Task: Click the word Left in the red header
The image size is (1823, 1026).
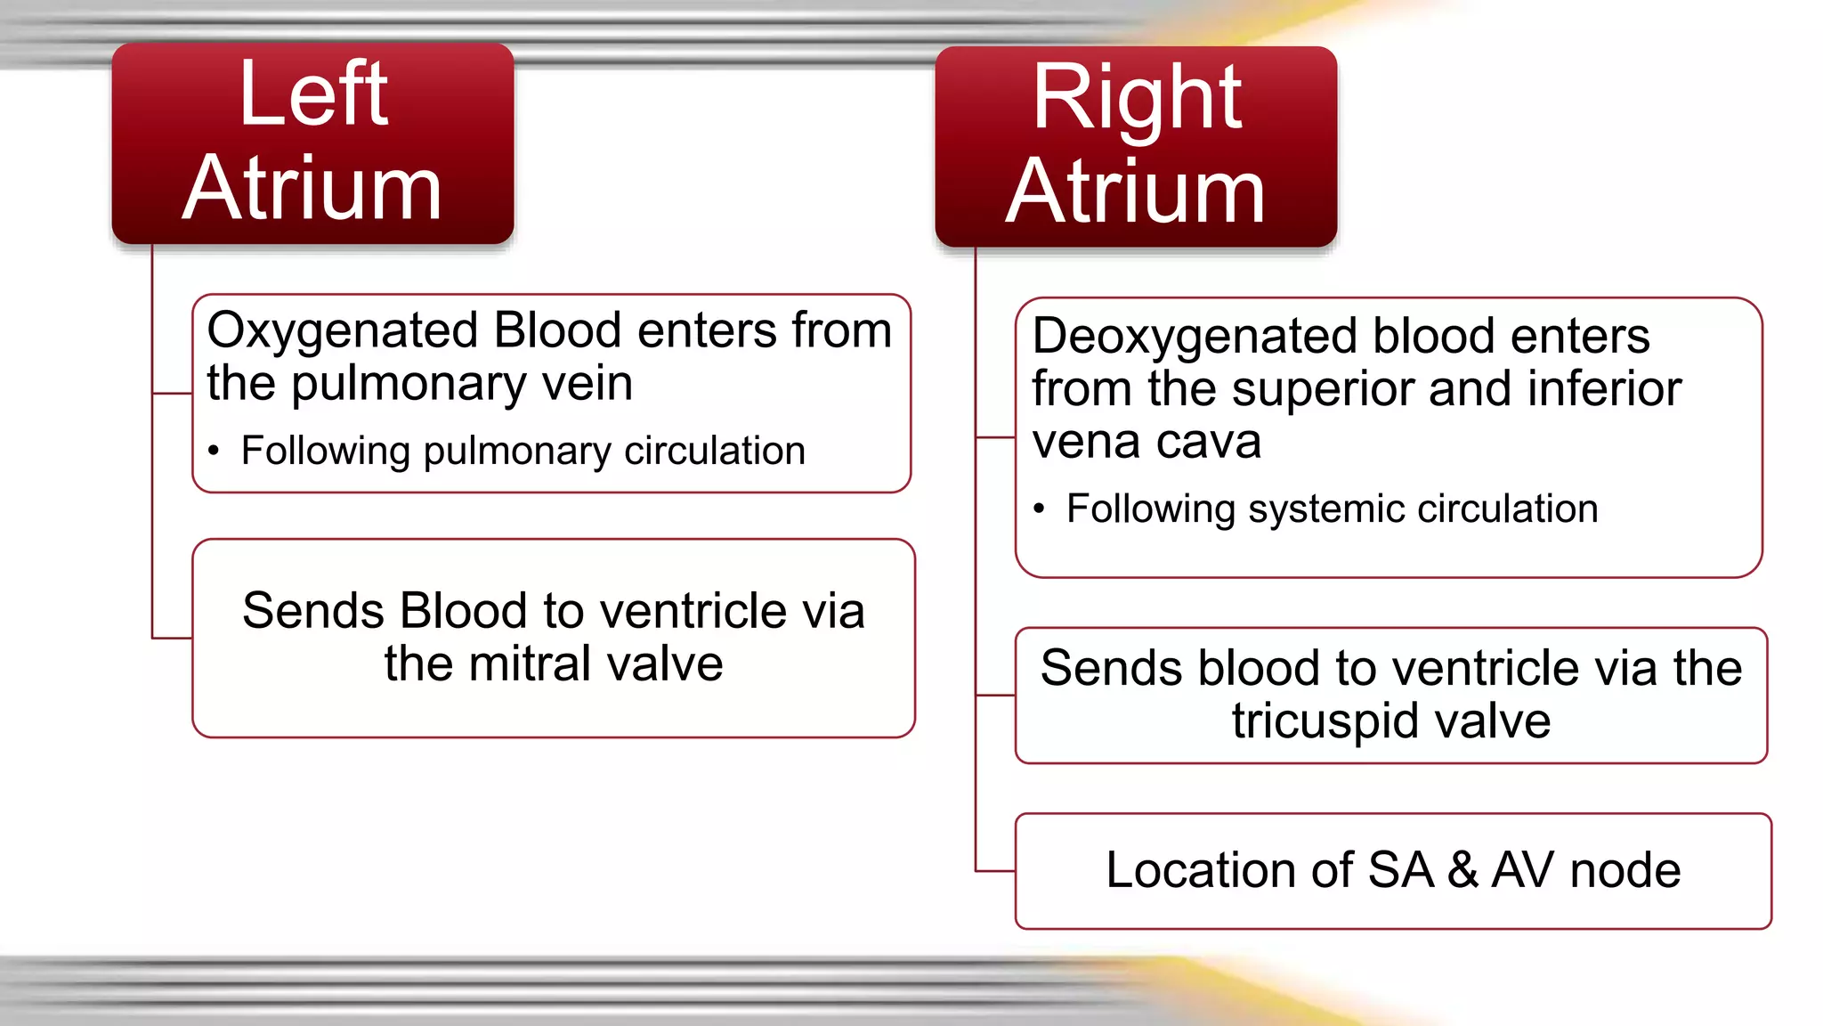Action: pos(313,94)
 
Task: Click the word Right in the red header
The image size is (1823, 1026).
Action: pos(1137,98)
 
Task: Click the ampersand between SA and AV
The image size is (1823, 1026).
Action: pos(1462,870)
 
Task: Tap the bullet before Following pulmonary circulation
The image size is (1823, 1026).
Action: pos(214,452)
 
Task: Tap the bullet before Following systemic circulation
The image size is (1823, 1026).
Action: pos(1039,509)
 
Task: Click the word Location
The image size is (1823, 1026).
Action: pos(1229,870)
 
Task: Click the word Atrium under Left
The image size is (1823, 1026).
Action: pos(312,188)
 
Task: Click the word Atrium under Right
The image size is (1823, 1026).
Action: pos(1136,191)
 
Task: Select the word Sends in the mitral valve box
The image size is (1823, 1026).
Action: pos(313,612)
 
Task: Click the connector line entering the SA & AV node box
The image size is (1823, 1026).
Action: pos(995,870)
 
